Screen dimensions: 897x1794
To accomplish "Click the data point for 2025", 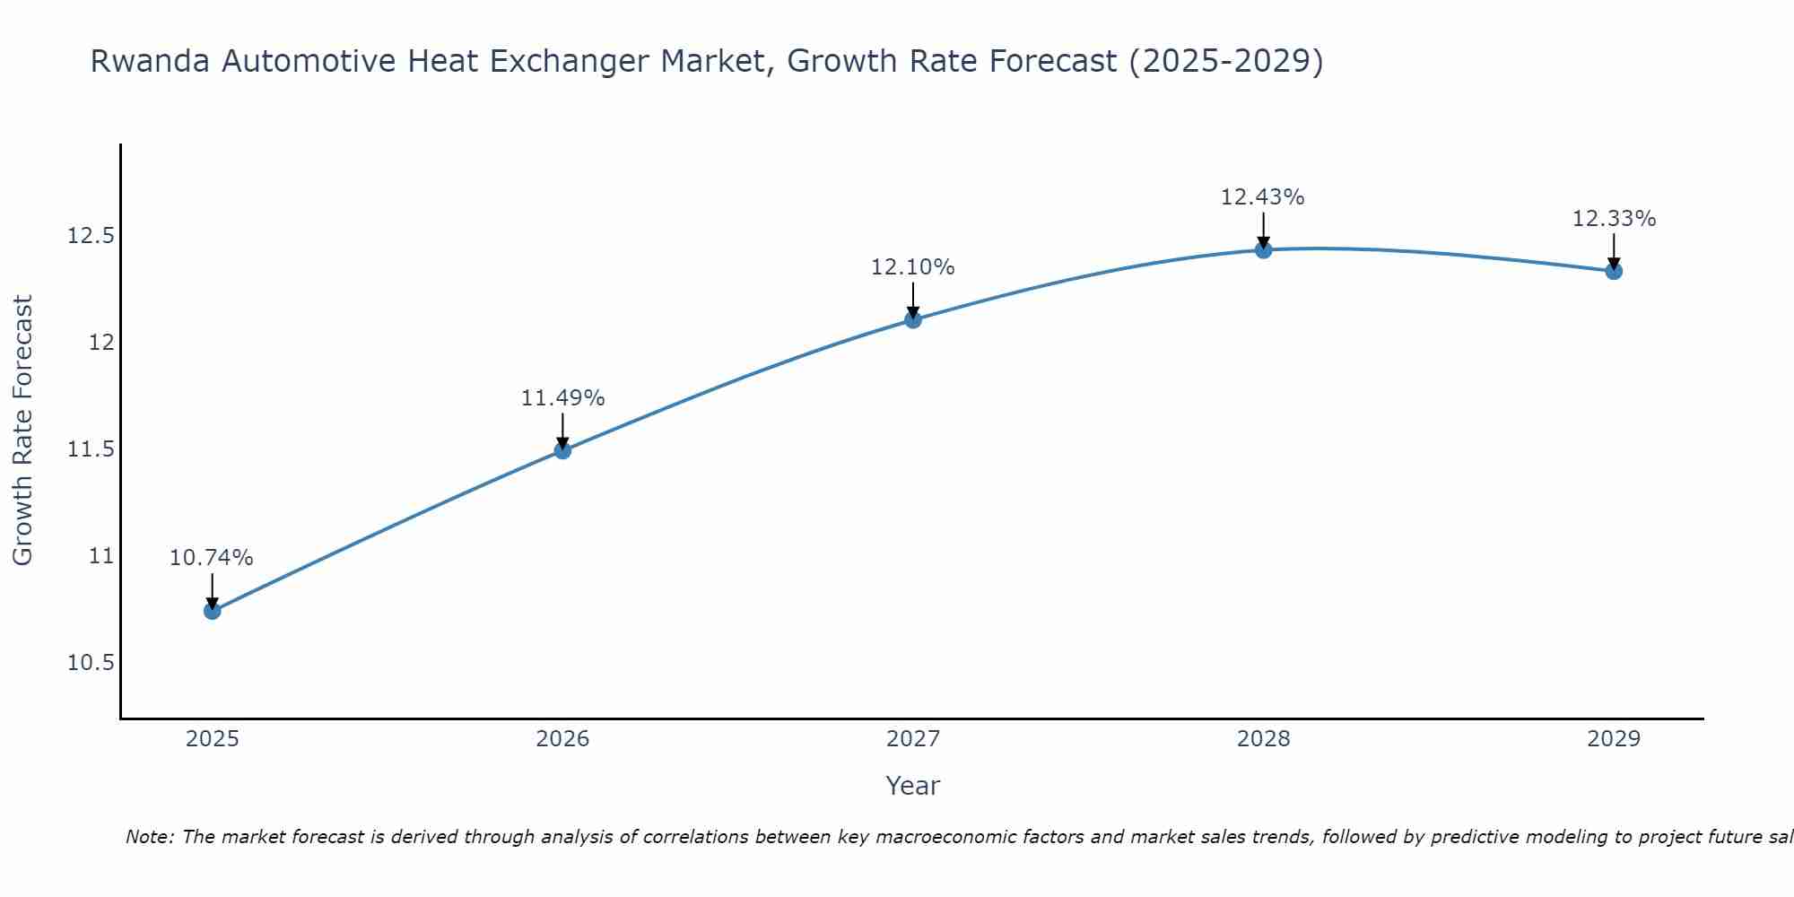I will (213, 611).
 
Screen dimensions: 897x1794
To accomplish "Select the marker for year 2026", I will (562, 450).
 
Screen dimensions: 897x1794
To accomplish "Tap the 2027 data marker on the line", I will (913, 319).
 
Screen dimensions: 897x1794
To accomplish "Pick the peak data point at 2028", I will (1263, 249).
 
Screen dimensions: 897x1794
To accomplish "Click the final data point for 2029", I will (1614, 271).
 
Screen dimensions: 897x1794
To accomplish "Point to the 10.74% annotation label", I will (212, 558).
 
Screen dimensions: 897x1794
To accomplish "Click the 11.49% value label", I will (562, 397).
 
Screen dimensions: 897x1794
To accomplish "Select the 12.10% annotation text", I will (913, 266).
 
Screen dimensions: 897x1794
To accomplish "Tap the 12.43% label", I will (1263, 196).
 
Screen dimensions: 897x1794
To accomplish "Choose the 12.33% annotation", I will (1614, 219).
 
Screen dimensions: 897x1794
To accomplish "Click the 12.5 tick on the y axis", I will (91, 236).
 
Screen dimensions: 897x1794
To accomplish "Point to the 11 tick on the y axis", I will (101, 556).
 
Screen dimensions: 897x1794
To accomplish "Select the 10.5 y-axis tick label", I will (91, 663).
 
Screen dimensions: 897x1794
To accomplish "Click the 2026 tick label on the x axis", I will (562, 739).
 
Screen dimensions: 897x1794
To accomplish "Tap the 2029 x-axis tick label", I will (1614, 739).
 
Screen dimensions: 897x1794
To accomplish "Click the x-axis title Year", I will (913, 786).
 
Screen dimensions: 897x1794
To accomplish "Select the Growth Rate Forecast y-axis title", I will (22, 431).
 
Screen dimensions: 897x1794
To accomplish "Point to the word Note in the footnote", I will (150, 837).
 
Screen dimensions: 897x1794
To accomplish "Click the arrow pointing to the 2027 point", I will (913, 300).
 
